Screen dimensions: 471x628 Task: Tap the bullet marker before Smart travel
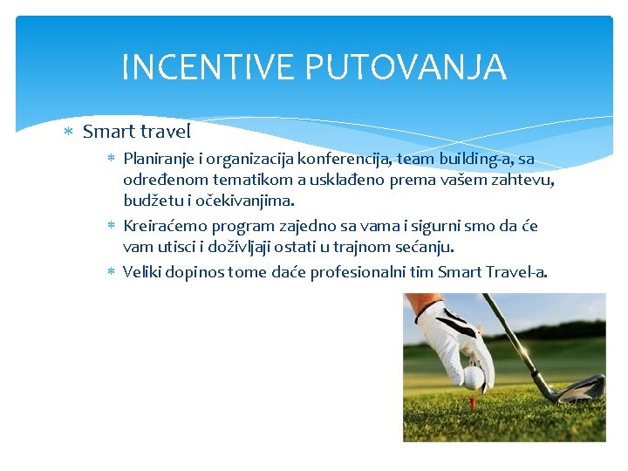coord(69,133)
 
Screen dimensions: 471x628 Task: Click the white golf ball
coord(473,376)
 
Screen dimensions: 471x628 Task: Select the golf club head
coord(576,388)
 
